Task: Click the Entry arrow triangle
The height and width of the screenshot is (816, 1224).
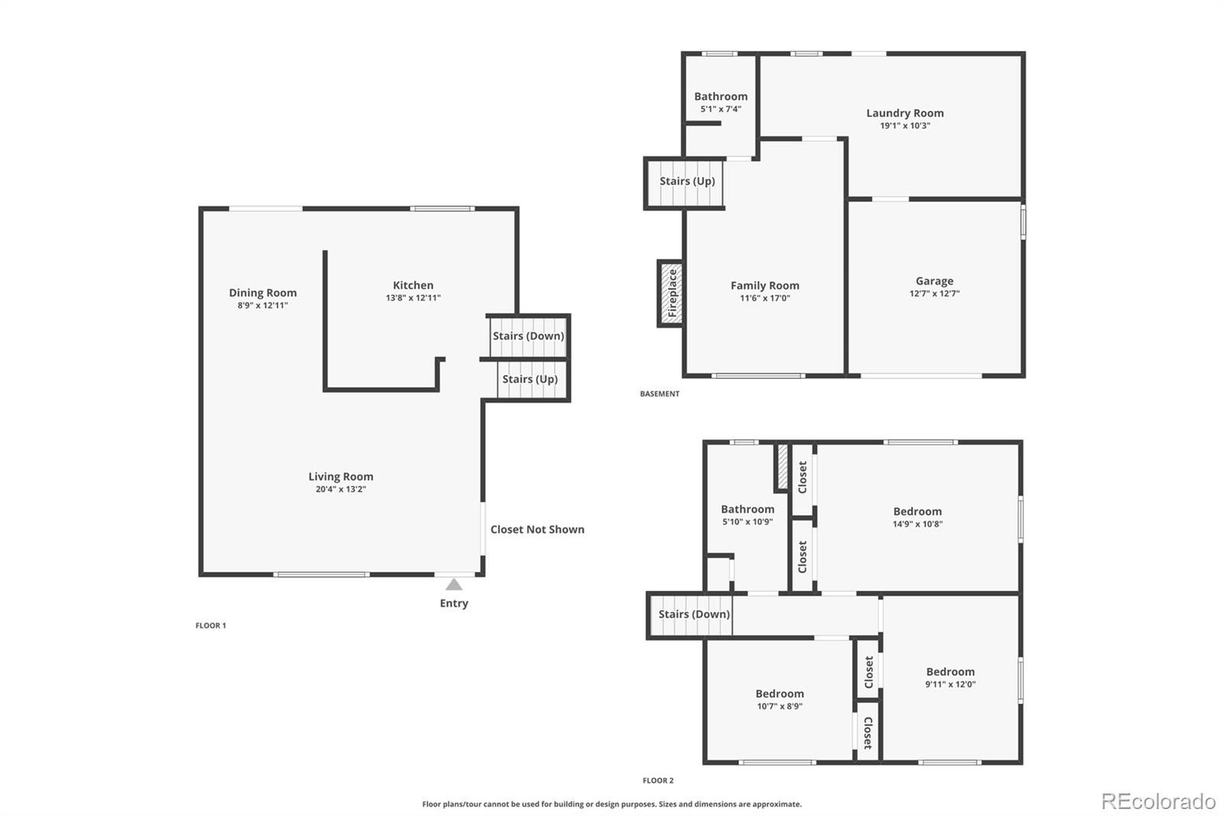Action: (x=454, y=585)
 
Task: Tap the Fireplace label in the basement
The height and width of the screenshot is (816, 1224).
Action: (x=672, y=293)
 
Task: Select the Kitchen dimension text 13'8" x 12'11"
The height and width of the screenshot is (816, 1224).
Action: (x=413, y=298)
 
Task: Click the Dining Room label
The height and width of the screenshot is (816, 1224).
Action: (x=263, y=292)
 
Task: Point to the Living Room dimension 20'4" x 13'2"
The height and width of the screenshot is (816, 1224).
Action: (x=340, y=489)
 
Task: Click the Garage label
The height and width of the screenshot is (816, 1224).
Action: (x=934, y=281)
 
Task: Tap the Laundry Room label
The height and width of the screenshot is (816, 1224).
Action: (x=905, y=113)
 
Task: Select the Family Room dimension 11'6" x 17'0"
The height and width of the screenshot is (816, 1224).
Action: (x=765, y=298)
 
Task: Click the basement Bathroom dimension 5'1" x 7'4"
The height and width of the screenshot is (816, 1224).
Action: (x=721, y=109)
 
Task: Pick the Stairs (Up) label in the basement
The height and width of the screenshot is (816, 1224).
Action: (x=688, y=181)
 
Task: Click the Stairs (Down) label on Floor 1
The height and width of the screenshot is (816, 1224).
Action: (x=529, y=336)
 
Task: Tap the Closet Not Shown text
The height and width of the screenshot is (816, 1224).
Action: (x=537, y=530)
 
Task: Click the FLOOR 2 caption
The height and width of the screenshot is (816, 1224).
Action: (x=658, y=781)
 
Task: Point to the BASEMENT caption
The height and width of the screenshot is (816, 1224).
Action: (x=659, y=393)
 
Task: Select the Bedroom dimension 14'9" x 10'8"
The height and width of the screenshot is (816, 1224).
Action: (x=917, y=524)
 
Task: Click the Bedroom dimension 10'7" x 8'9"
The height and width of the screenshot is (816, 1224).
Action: (x=780, y=706)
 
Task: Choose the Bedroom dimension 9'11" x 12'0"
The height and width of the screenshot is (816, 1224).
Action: (x=950, y=684)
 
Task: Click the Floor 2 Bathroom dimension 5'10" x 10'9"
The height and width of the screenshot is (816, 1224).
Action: (x=747, y=522)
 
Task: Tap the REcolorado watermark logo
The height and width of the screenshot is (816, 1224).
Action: (x=1158, y=801)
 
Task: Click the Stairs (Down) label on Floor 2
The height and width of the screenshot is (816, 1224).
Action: (x=694, y=614)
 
